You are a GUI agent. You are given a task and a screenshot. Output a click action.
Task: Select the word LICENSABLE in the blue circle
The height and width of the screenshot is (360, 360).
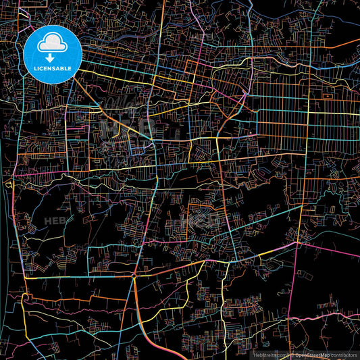(52, 68)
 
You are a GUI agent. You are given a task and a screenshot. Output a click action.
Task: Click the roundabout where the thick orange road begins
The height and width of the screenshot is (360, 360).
(134, 276)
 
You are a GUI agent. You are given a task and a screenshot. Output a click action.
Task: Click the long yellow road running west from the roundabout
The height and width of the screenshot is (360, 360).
(74, 276)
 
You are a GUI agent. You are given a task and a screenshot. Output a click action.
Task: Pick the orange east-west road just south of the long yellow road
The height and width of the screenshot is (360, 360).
(74, 297)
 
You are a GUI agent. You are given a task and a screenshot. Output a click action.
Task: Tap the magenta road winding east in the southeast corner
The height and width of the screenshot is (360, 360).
(324, 315)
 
